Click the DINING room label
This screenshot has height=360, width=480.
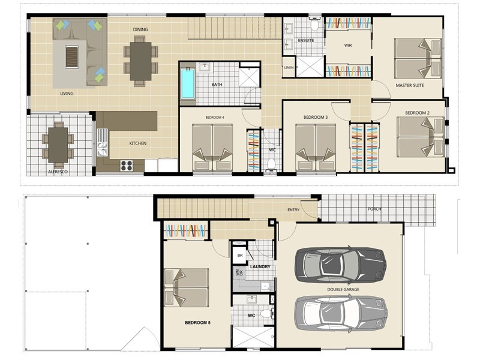pyautogui.click(x=140, y=29)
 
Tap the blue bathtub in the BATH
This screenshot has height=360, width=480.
pyautogui.click(x=188, y=83)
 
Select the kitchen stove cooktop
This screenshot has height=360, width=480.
pyautogui.click(x=127, y=166)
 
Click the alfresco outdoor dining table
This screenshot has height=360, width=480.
pyautogui.click(x=58, y=145)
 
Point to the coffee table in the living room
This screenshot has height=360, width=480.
pyautogui.click(x=72, y=57)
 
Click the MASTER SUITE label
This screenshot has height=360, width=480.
pyautogui.click(x=410, y=85)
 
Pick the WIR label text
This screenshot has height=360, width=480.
pyautogui.click(x=348, y=46)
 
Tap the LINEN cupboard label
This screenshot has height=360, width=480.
pyautogui.click(x=289, y=67)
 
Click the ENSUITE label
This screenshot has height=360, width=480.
pyautogui.click(x=305, y=40)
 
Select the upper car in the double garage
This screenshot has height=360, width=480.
pyautogui.click(x=340, y=265)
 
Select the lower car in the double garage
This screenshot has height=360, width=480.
pyautogui.click(x=341, y=313)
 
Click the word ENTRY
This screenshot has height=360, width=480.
pyautogui.click(x=293, y=209)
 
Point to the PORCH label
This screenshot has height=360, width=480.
pyautogui.click(x=374, y=209)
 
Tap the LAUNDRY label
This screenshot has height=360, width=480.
pyautogui.click(x=260, y=266)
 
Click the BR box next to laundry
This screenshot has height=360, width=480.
pyautogui.click(x=239, y=255)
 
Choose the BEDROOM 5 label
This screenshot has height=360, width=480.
pyautogui.click(x=197, y=323)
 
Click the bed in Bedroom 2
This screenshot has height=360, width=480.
pyautogui.click(x=421, y=137)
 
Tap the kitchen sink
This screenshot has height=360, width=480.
pyautogui.click(x=102, y=142)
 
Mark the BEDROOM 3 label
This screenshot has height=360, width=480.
pyautogui.click(x=316, y=117)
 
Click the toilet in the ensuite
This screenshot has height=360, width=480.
pyautogui.click(x=314, y=25)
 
